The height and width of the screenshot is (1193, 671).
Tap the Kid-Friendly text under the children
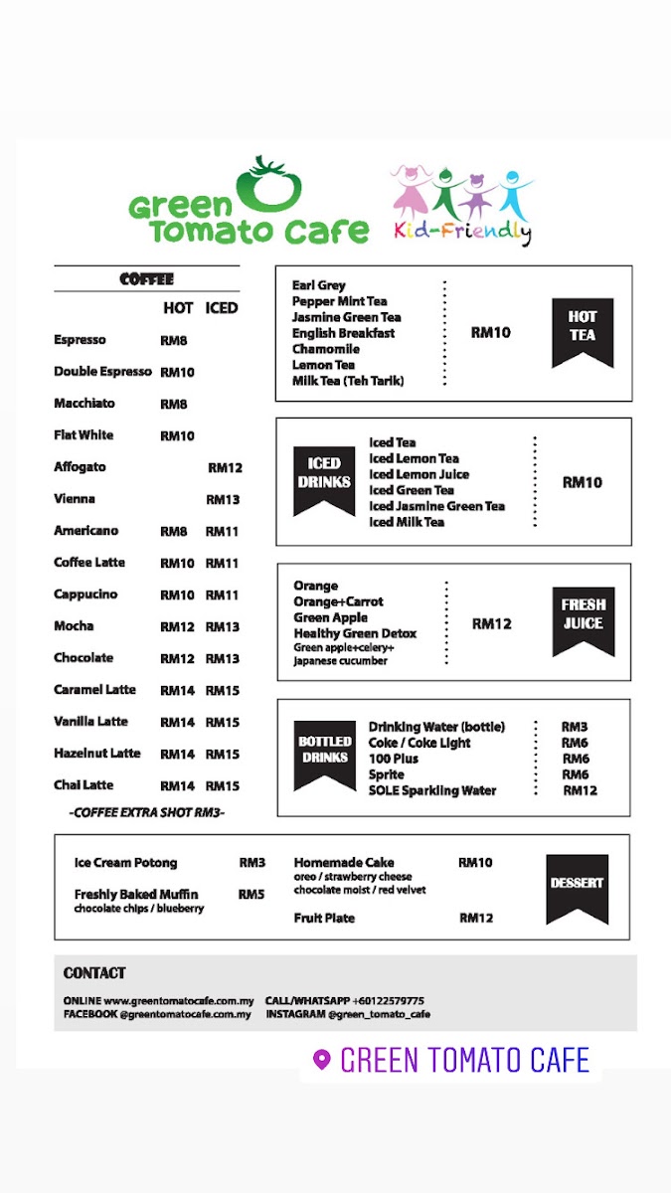click(462, 233)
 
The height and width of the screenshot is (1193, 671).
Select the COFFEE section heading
click(146, 279)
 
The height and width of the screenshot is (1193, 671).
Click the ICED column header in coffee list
click(222, 308)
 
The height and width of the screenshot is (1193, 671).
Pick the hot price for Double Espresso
click(177, 372)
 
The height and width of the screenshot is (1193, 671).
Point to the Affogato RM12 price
click(225, 467)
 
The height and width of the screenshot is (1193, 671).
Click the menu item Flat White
click(84, 435)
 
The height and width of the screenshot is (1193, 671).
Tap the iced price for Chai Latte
click(223, 785)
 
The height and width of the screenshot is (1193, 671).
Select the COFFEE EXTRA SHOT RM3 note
click(147, 812)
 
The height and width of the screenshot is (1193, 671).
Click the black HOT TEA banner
click(583, 330)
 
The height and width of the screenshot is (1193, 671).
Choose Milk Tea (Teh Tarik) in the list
click(348, 381)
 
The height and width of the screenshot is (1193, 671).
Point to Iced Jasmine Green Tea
click(436, 506)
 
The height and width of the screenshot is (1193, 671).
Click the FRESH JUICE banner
click(583, 618)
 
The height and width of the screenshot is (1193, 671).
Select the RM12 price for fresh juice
click(491, 624)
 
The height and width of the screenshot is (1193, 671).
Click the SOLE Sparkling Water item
click(432, 790)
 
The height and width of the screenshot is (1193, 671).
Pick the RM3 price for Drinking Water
click(575, 727)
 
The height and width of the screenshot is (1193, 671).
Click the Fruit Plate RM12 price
click(476, 919)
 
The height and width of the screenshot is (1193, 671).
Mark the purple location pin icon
click(321, 1060)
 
